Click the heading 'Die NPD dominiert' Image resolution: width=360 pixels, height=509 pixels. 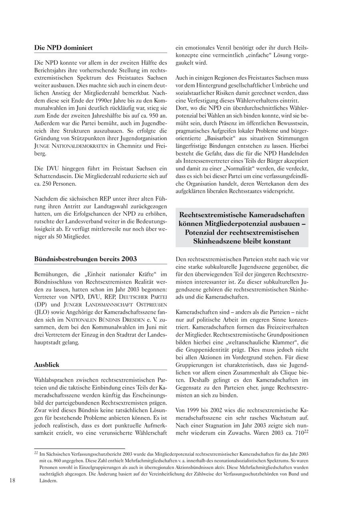63,48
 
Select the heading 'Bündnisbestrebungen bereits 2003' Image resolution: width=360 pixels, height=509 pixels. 85,259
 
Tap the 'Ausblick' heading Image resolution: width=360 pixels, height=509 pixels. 46,365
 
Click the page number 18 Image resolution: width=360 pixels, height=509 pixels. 12,481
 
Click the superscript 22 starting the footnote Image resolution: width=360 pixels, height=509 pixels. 36,453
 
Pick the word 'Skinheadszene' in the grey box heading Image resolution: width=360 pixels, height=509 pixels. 218,241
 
